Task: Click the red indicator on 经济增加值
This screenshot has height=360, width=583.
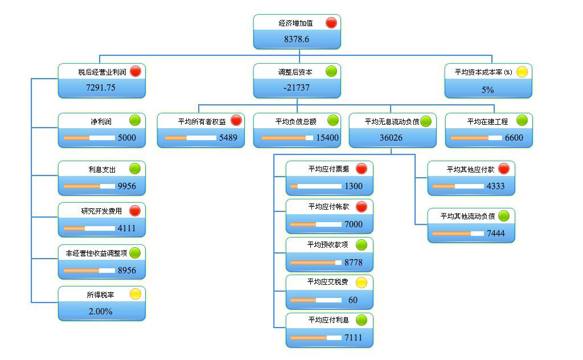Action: click(331, 23)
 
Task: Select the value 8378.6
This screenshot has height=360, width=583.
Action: click(297, 39)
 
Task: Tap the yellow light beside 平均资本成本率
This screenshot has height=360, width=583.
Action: click(522, 72)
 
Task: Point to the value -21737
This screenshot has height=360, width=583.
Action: click(297, 88)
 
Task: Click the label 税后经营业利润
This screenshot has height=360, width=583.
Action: click(102, 72)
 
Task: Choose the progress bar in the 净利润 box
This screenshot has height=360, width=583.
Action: click(89, 138)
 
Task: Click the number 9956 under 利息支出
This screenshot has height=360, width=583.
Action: click(127, 186)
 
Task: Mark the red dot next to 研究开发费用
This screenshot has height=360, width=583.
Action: click(135, 211)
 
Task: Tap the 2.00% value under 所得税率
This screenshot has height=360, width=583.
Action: click(100, 312)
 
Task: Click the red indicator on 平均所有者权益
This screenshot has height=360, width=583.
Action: click(236, 121)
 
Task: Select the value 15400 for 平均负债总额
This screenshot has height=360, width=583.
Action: click(327, 138)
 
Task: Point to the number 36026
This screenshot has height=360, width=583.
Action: click(392, 138)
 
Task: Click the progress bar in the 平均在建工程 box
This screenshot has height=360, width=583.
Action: click(476, 138)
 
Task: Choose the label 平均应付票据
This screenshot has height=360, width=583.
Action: click(329, 169)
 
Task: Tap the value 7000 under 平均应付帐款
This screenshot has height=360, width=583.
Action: click(354, 224)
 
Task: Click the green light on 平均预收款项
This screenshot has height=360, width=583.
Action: click(362, 245)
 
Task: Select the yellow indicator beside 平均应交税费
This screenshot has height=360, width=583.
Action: click(362, 282)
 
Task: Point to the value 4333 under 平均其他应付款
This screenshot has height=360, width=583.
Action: click(495, 186)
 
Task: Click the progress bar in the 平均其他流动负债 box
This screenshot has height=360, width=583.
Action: click(459, 234)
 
